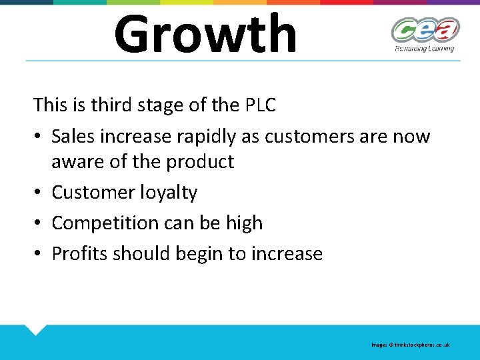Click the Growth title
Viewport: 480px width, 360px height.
pos(205,33)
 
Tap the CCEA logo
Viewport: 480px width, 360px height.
pos(425,30)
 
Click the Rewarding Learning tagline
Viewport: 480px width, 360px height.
pos(424,48)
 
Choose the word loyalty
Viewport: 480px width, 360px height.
pos(169,193)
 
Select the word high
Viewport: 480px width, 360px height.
pos(244,223)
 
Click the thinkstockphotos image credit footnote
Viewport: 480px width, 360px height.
pos(411,345)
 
